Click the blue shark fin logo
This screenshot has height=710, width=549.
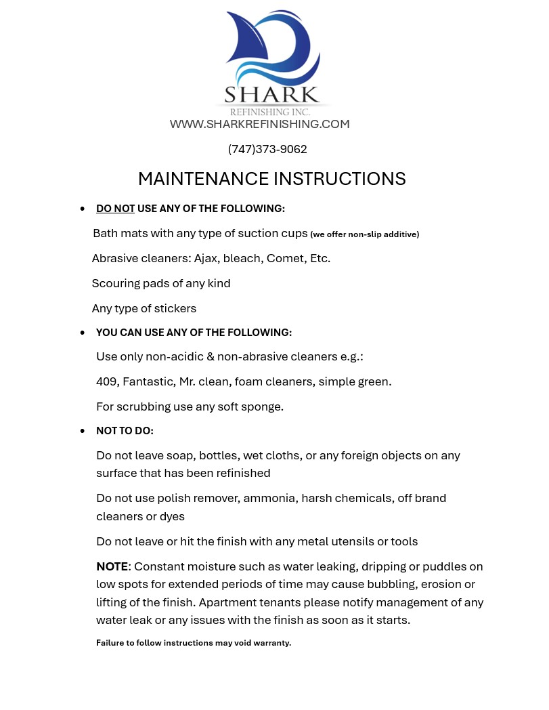(271, 47)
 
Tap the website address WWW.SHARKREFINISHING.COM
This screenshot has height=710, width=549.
(259, 124)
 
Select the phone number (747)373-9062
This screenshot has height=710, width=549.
(267, 149)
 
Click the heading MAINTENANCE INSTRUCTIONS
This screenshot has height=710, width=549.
(271, 179)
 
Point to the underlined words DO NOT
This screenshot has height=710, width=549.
(115, 209)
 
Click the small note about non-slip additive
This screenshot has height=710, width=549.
(364, 234)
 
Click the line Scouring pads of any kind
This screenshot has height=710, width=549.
(161, 283)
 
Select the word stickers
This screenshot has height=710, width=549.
(175, 308)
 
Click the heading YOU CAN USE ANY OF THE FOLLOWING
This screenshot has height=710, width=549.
(194, 333)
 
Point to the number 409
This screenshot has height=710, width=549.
(107, 381)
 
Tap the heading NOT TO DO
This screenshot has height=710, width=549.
(125, 431)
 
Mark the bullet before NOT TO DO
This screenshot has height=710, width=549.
(83, 431)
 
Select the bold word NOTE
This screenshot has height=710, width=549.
(112, 566)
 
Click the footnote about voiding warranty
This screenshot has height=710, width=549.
(194, 643)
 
